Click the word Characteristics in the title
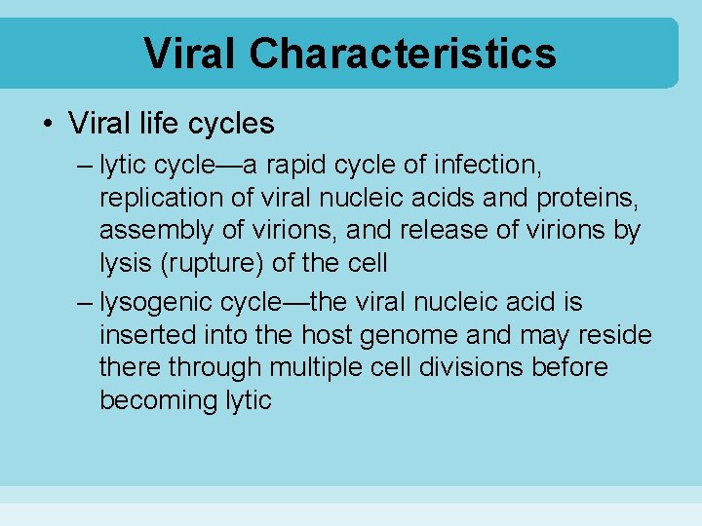coord(403,54)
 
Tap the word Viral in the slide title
coord(190,54)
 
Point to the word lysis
coord(126,263)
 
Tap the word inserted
coord(147,335)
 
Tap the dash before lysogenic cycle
coord(84,302)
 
